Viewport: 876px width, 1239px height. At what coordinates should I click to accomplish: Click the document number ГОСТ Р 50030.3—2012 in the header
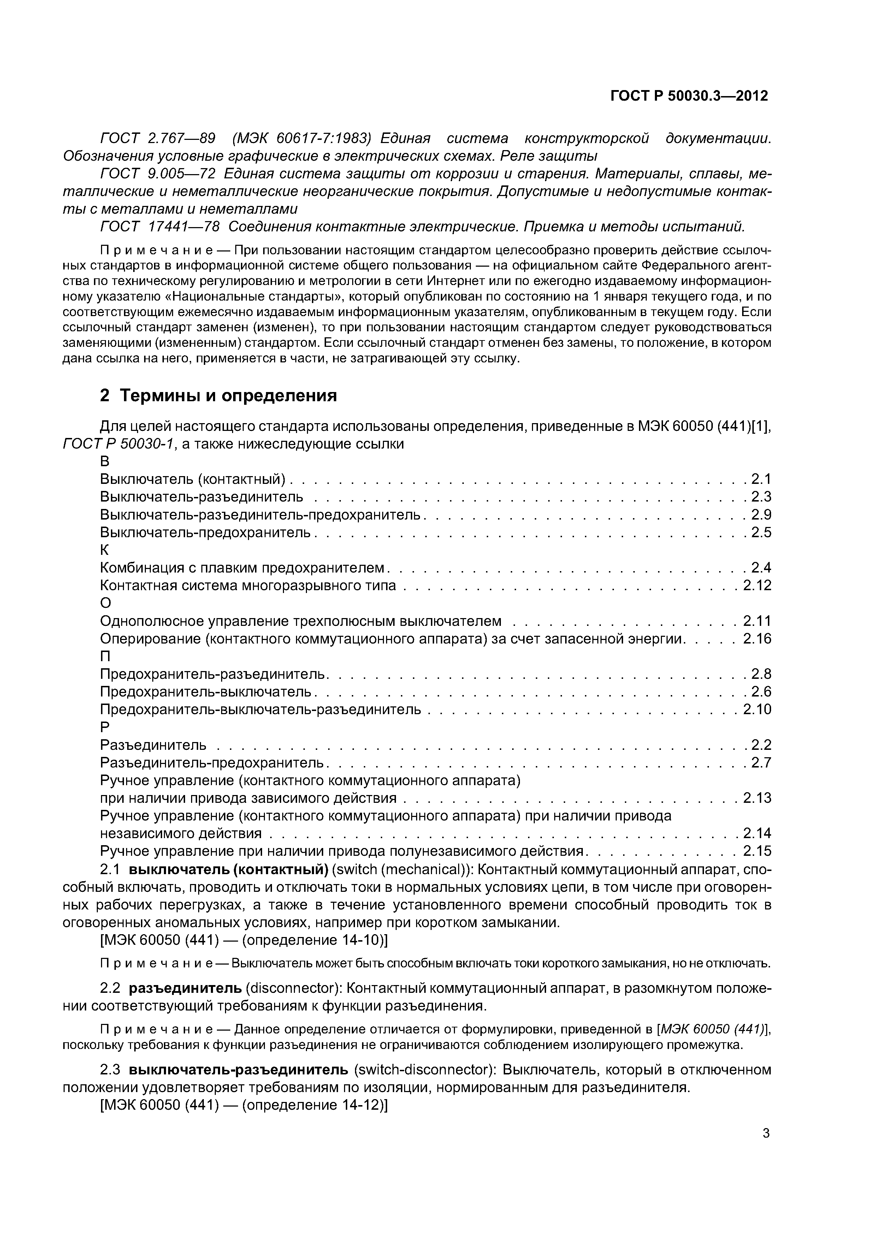coord(689,96)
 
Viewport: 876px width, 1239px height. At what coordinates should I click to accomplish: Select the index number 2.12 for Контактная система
coord(757,586)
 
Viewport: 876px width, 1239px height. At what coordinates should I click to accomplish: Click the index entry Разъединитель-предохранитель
coord(212,763)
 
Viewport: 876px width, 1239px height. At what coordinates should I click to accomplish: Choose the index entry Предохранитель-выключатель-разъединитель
coord(260,709)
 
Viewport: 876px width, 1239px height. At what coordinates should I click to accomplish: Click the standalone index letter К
coord(105,550)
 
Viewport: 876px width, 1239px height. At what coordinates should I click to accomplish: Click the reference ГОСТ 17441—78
coord(160,227)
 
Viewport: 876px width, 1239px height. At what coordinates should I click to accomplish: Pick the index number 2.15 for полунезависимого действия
coord(757,851)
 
